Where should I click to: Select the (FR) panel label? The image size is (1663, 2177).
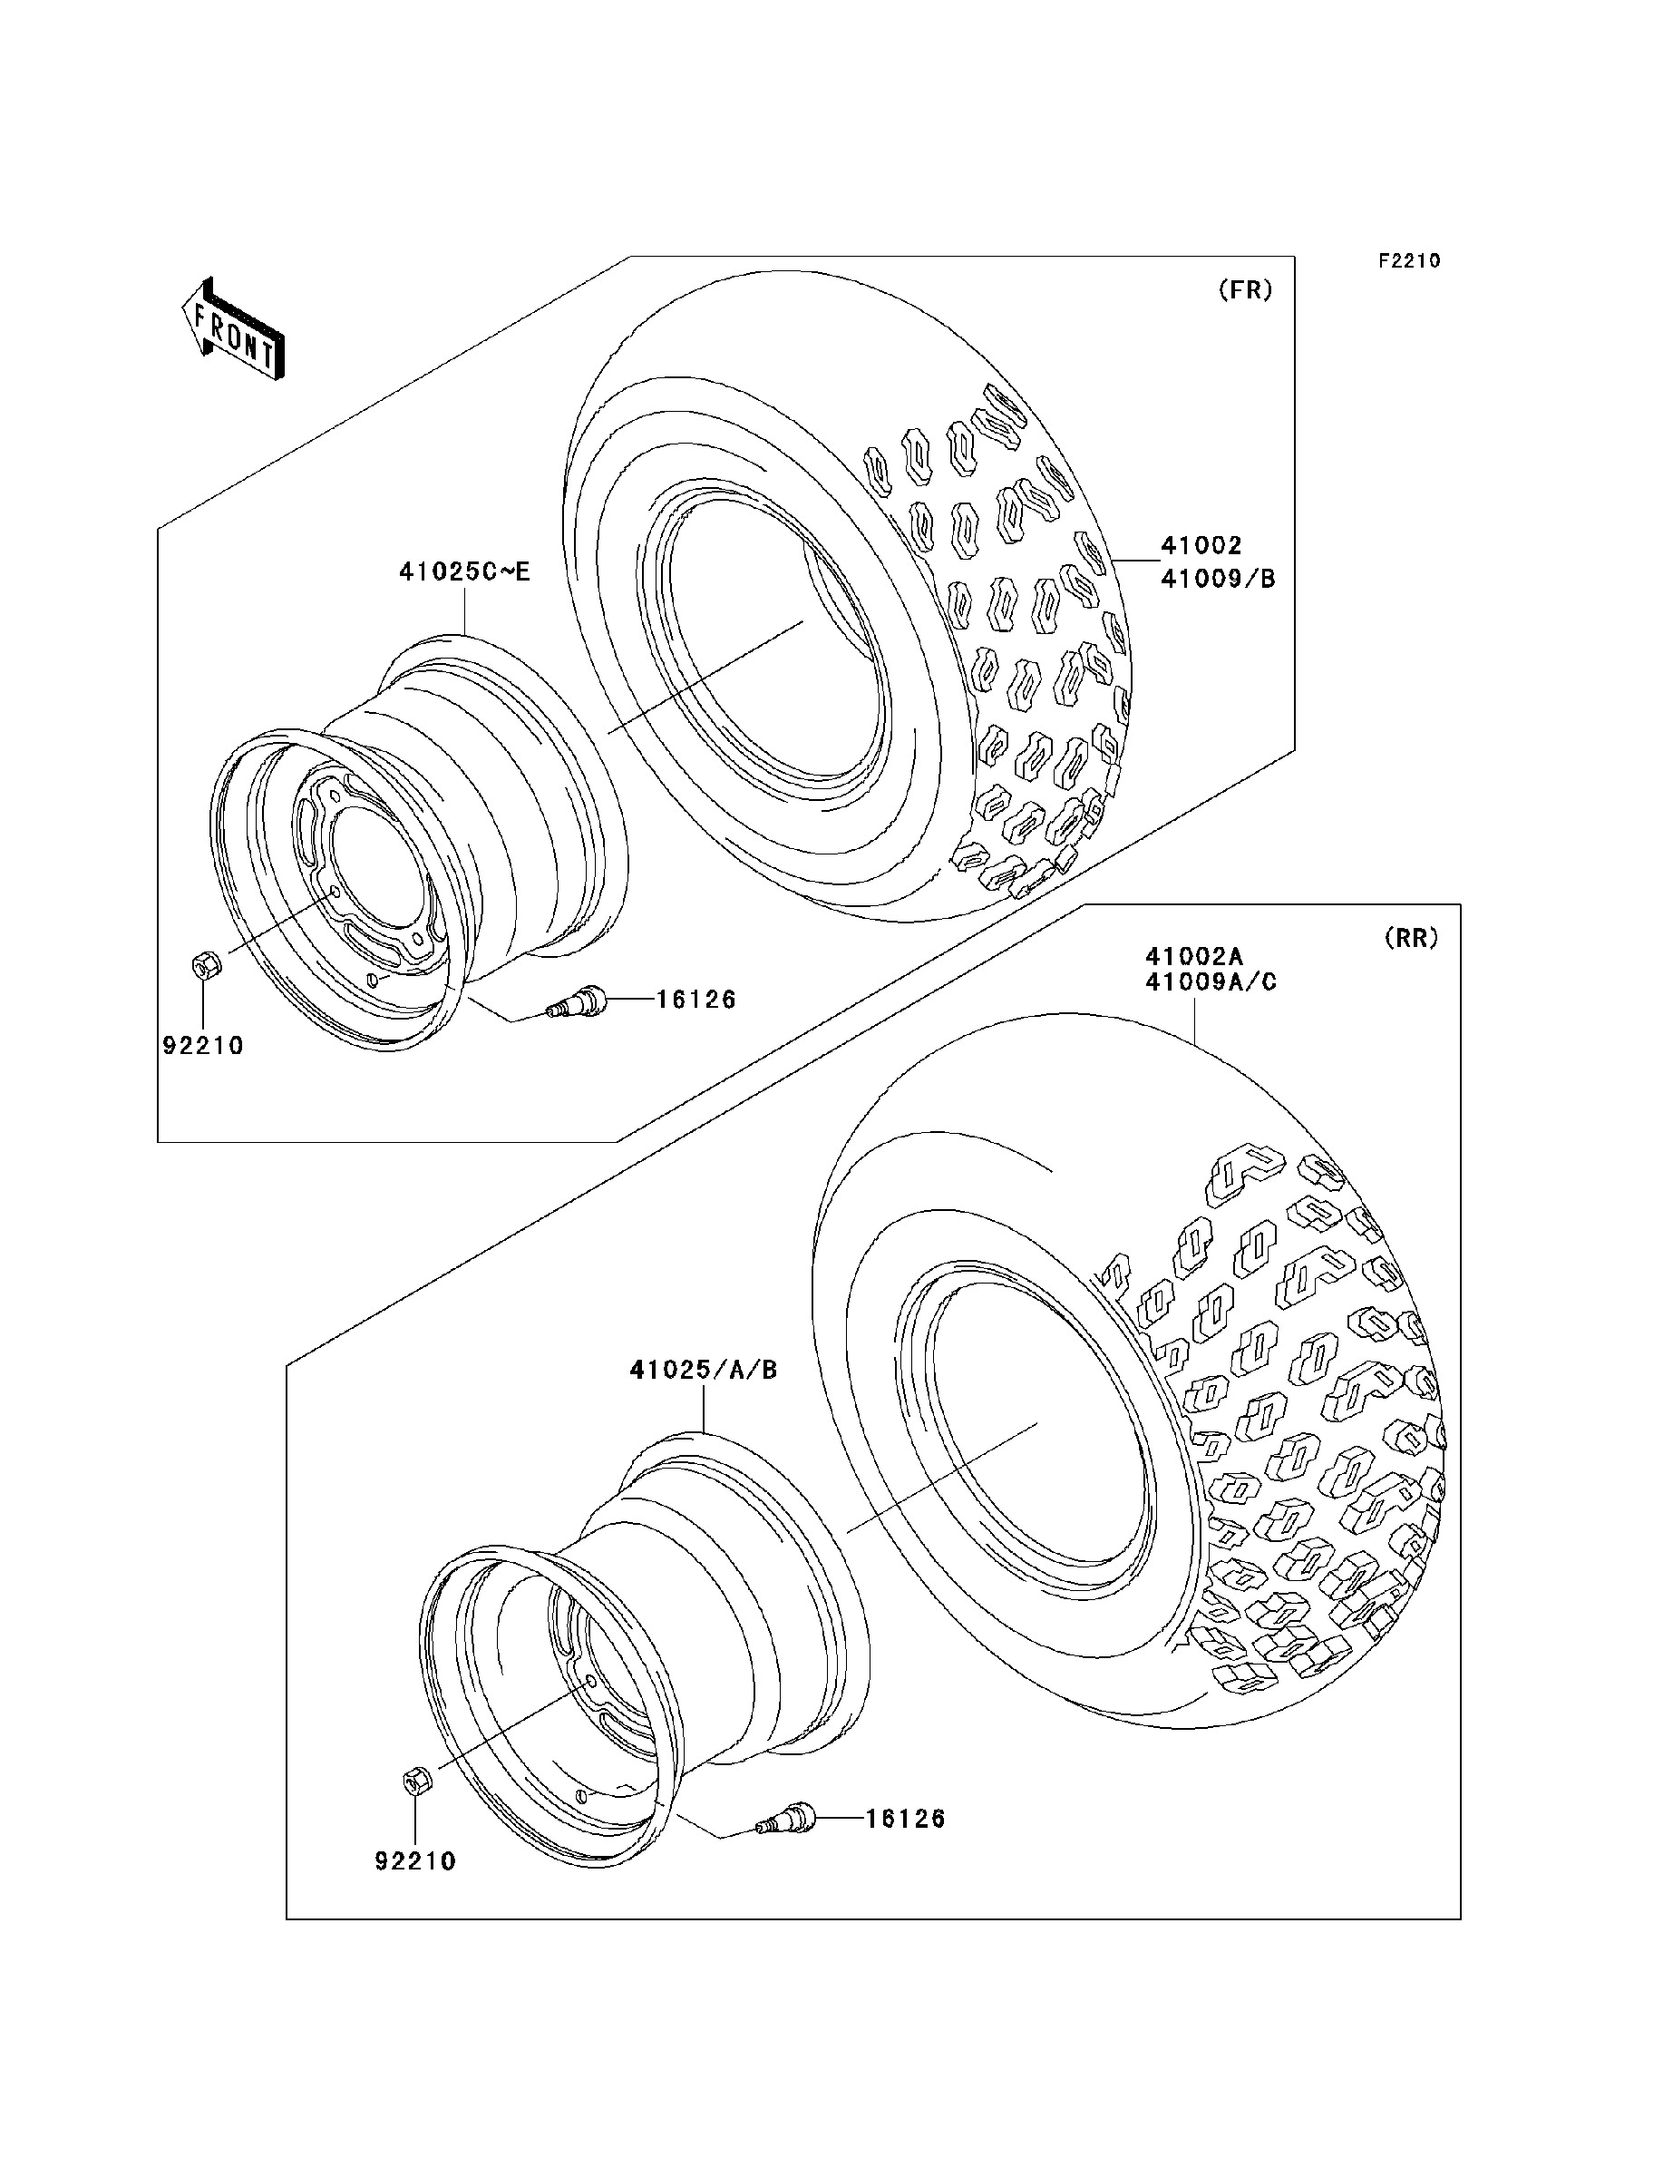(1244, 290)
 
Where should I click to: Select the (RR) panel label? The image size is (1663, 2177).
(1411, 938)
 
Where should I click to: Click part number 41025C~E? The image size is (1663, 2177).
(464, 571)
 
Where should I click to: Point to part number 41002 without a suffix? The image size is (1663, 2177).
(1201, 545)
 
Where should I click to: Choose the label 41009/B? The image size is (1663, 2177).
(1218, 579)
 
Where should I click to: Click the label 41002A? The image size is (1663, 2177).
(1194, 956)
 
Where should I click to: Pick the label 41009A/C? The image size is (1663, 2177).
(1211, 982)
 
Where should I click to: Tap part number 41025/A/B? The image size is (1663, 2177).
(703, 1371)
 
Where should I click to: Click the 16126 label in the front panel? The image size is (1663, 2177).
(695, 1000)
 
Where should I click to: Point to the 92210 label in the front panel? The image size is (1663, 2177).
(203, 1046)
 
